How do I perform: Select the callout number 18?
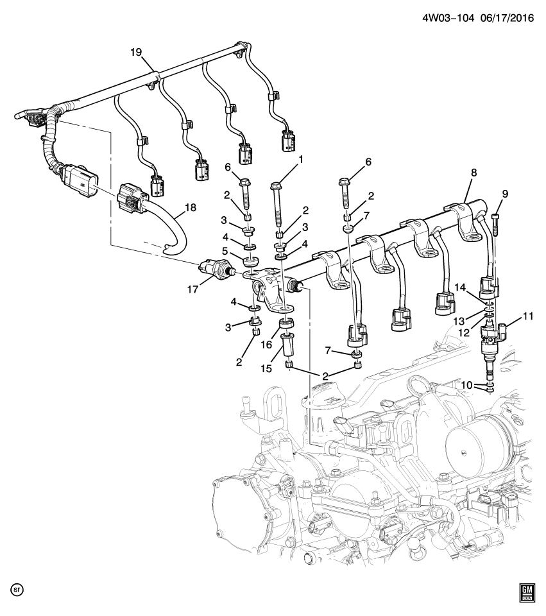[191, 207]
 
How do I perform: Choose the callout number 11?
[527, 316]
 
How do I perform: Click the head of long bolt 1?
[276, 187]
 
